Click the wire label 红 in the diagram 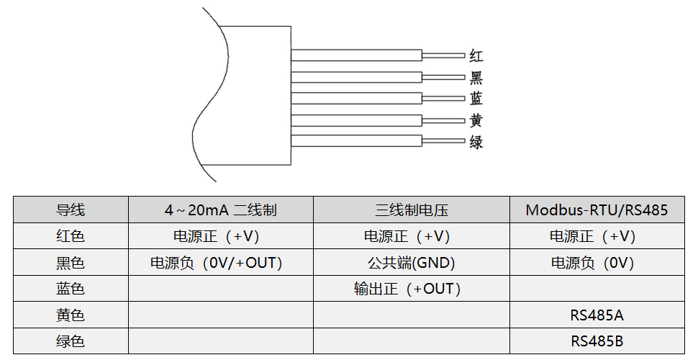476,55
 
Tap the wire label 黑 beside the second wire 476,77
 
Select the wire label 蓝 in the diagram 476,99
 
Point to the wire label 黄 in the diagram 476,120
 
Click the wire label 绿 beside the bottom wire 476,142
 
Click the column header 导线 71,210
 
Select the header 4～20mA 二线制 220,210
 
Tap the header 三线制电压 412,210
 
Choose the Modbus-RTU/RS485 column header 597,210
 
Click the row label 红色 71,236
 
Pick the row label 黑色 71,263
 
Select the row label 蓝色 71,289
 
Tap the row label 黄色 71,315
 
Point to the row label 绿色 71,341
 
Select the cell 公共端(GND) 412,263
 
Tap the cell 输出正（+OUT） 407,289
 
